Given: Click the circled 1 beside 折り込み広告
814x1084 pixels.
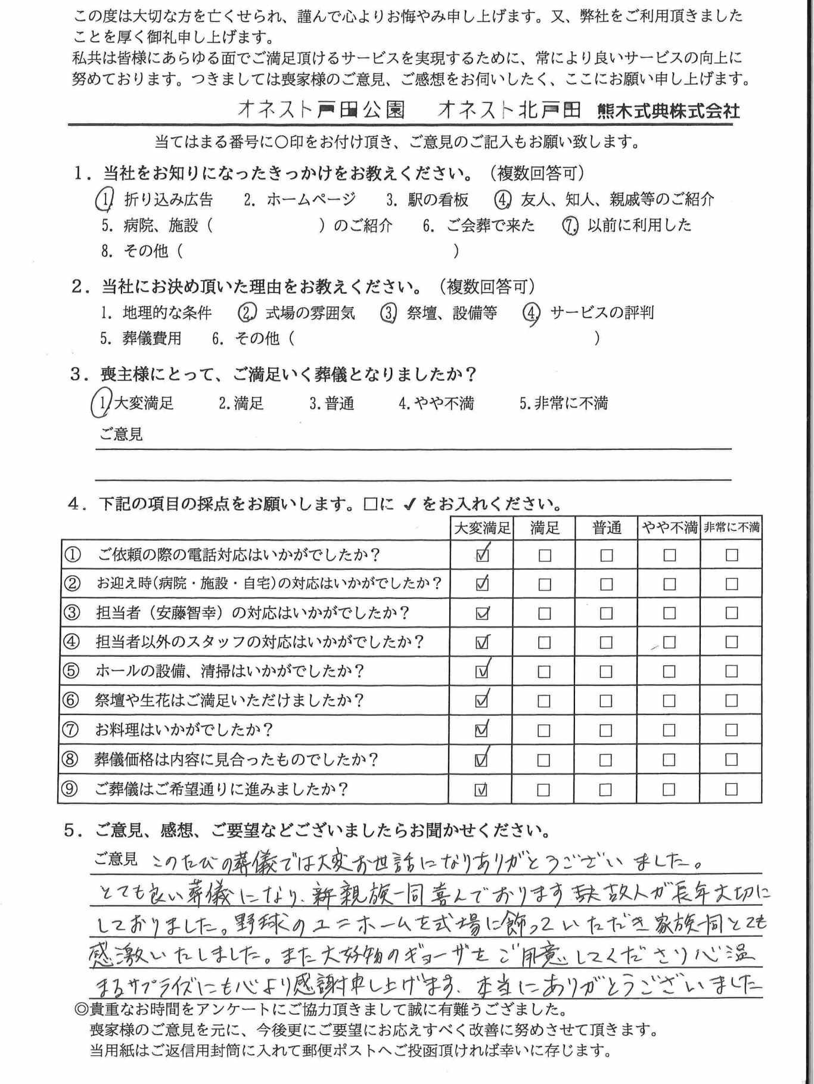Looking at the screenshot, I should point(105,200).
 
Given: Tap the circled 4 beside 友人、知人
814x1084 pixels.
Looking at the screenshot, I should point(503,200).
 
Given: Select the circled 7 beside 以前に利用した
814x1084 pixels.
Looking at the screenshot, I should point(570,226).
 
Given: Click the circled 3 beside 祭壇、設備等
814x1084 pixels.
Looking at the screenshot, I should point(389,313).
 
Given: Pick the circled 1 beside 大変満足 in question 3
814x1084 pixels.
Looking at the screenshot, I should point(101,403).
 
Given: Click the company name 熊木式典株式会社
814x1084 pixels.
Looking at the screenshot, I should point(668,111).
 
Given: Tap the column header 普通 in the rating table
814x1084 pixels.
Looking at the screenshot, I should point(607,528).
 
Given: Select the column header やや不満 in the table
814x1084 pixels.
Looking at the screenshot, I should point(669,528).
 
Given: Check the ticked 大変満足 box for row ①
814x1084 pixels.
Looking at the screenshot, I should point(482,555).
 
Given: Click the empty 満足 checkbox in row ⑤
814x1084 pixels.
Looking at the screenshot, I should point(544,672).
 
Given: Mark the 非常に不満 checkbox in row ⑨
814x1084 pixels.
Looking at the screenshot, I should point(731,790).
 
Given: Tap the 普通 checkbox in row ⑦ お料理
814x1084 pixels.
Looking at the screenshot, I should point(605,731).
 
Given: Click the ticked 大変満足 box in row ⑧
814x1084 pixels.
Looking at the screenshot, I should point(481,760).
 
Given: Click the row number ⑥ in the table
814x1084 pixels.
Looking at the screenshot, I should point(71,700).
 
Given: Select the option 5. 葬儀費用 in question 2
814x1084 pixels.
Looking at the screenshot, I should point(141,338).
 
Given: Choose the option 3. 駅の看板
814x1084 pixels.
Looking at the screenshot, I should point(427,200).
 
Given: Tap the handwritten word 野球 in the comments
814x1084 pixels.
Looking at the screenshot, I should point(269,924).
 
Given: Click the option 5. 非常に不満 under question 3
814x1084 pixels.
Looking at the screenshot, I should point(563,403).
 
